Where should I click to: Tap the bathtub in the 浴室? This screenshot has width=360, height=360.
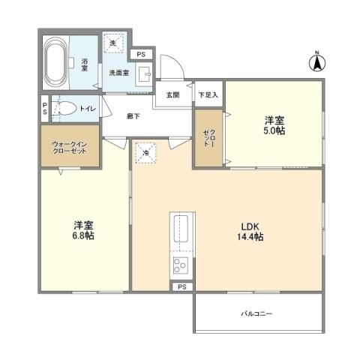(x=55, y=64)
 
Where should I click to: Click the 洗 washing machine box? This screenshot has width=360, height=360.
(x=113, y=44)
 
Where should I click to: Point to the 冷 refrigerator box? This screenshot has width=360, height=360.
(x=145, y=152)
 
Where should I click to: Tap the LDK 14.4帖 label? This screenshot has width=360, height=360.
(x=251, y=232)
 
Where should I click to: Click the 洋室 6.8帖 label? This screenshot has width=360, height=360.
(x=83, y=230)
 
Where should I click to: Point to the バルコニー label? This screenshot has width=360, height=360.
(x=256, y=313)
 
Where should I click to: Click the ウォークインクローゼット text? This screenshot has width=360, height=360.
(x=70, y=147)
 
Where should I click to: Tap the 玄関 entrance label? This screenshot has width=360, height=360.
(x=172, y=95)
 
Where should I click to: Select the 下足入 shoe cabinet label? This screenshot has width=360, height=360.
(x=208, y=95)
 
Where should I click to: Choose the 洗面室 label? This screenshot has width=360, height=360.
(x=119, y=73)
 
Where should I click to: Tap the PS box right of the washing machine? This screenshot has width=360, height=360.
(x=141, y=54)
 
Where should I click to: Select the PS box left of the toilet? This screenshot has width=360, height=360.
(x=45, y=108)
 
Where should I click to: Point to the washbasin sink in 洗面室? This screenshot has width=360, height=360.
(x=145, y=74)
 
